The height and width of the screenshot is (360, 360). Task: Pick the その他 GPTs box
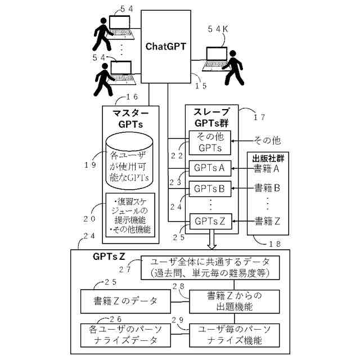click(209, 142)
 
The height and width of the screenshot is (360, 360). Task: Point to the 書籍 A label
click(267, 168)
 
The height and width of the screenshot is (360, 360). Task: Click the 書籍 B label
click(267, 188)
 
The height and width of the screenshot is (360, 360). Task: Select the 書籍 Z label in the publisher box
click(267, 220)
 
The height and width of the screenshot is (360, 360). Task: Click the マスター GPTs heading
click(130, 118)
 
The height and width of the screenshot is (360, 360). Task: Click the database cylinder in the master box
click(130, 163)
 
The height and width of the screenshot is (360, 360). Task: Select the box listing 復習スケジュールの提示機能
click(130, 215)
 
